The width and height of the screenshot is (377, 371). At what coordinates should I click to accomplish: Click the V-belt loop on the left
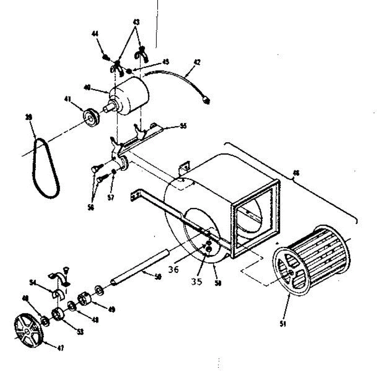pos(46,169)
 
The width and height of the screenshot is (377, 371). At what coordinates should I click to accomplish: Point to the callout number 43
pos(136,22)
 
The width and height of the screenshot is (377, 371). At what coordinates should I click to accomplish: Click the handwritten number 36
pos(173,269)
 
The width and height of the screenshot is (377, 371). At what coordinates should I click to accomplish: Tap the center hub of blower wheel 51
pos(292,272)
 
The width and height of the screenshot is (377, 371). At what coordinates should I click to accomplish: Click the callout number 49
pos(111,310)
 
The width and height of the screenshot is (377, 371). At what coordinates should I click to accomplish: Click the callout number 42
pos(197,62)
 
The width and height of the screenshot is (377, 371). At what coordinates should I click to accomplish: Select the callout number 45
pos(166,62)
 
